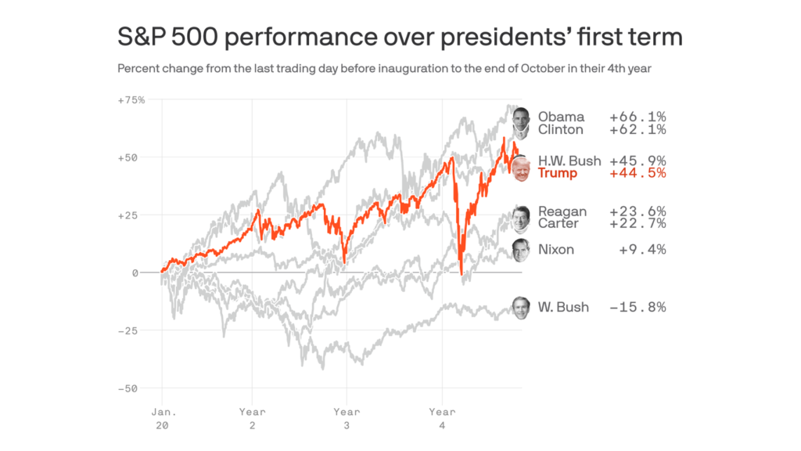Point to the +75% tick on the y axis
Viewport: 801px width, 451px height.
pos(131,100)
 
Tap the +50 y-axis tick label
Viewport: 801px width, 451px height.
pos(128,157)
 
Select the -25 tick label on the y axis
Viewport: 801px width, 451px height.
pos(128,330)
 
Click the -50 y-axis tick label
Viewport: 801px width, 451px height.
pos(128,388)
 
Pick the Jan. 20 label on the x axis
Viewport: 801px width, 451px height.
pos(162,418)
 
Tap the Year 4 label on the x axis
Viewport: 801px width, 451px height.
pos(442,418)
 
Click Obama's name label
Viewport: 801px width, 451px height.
pos(561,117)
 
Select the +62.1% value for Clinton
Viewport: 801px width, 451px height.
pos(638,130)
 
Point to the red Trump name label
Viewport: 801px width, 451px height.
pos(557,173)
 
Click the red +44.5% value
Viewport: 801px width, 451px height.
pos(638,173)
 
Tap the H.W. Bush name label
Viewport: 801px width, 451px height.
pos(569,161)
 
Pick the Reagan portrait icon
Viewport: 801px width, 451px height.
pos(521,213)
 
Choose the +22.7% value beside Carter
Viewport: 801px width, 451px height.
pos(638,224)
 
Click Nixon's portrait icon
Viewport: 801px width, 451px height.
pos(521,250)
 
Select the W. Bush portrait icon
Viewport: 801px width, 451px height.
pos(521,307)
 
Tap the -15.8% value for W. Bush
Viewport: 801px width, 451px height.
pos(638,307)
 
